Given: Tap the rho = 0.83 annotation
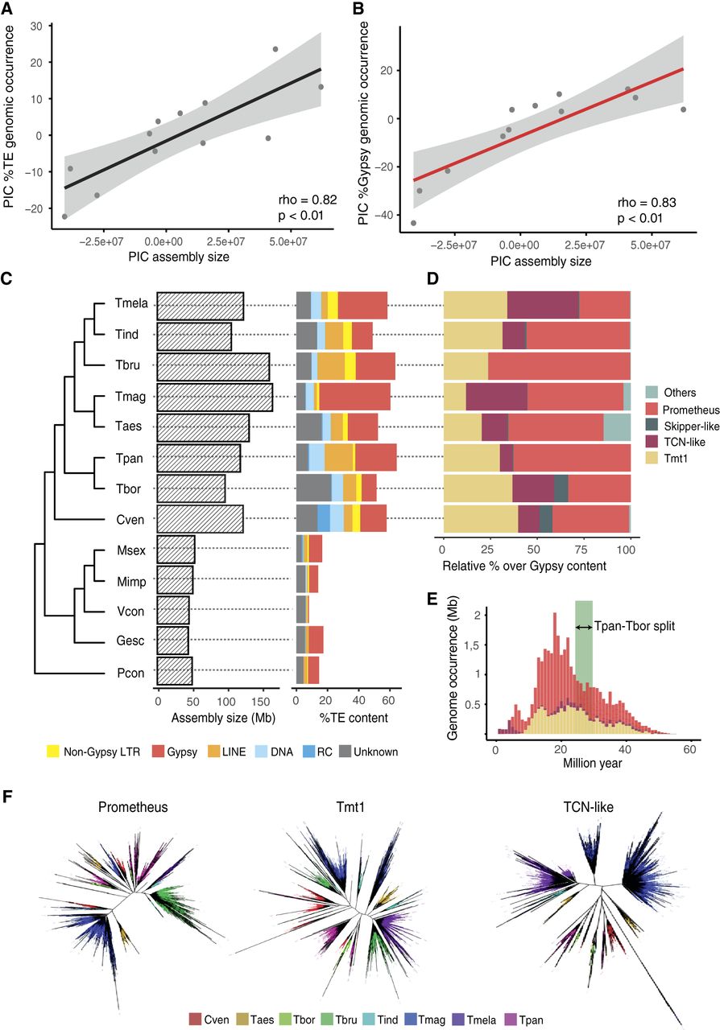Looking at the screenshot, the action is point(647,203).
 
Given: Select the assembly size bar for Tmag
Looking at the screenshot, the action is point(214,398).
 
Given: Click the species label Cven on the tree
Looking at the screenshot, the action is point(130,520).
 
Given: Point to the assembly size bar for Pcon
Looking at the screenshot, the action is point(175,671).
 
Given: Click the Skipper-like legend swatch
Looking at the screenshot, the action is point(651,426).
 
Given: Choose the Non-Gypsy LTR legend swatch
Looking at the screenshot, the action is point(53,752).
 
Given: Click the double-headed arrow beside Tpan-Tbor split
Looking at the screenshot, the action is point(584,627).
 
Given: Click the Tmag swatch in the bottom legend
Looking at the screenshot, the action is point(411,1020).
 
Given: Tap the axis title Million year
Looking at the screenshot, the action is point(593,764).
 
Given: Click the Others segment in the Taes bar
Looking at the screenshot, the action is point(617,427).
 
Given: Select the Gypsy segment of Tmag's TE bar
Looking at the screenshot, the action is point(355,397).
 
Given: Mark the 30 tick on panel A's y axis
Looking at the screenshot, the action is point(36,27).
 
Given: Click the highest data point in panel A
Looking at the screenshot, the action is point(275,49).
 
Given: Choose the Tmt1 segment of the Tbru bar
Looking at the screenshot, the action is point(466,365).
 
